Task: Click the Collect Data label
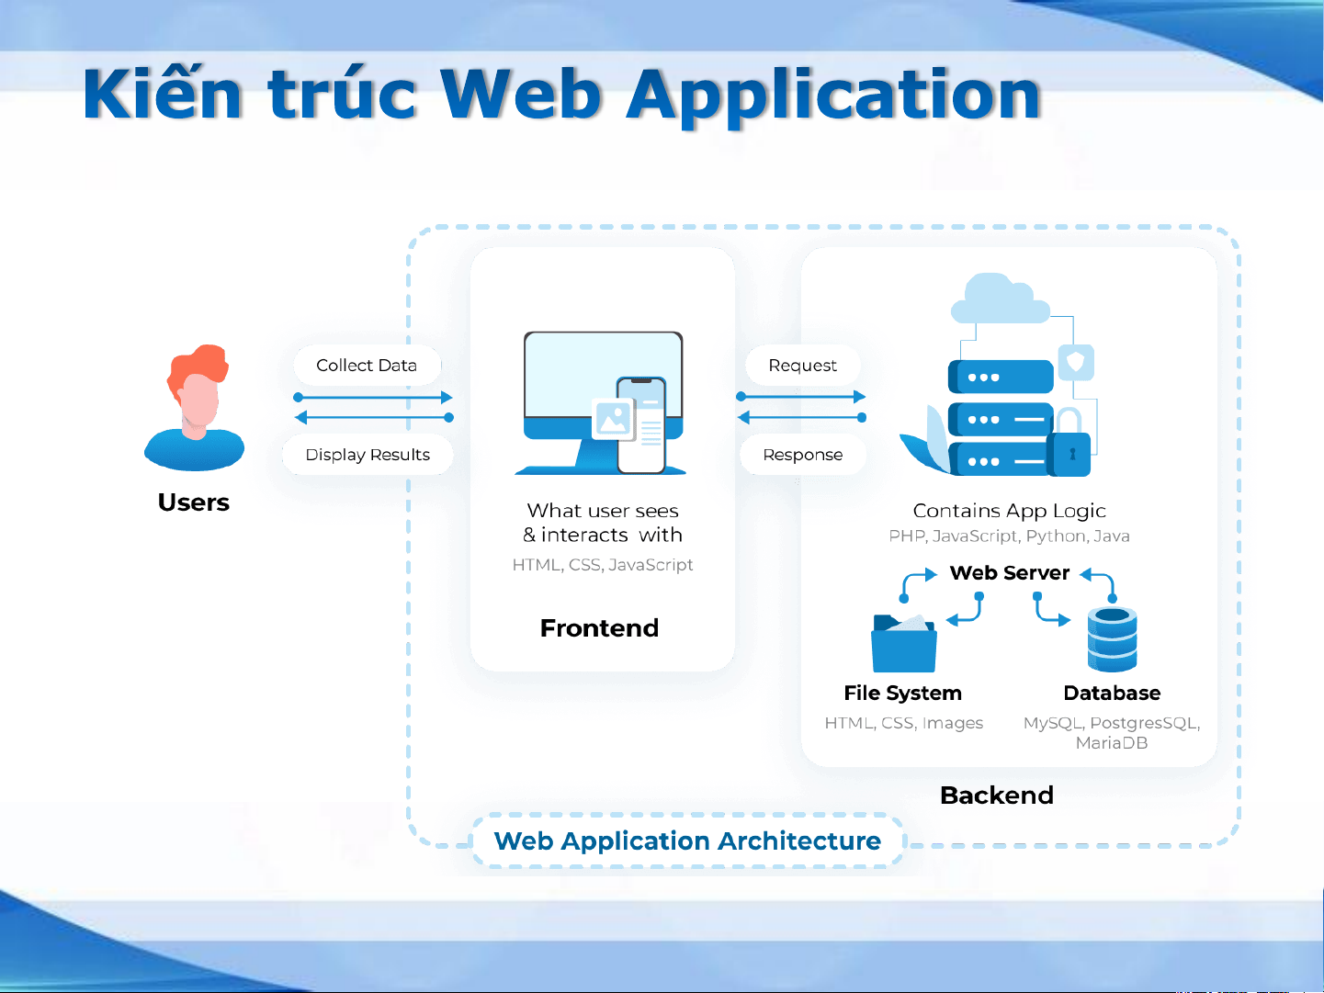coord(366,366)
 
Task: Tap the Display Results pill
coord(368,455)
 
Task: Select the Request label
coord(802,366)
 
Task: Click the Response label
coord(802,455)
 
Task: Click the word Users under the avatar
coord(194,502)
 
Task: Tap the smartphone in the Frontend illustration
coord(641,425)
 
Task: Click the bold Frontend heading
coord(599,628)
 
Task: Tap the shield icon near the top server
coord(1076,362)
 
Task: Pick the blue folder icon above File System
coord(903,643)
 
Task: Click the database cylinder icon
coord(1112,639)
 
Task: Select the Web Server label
coord(1009,573)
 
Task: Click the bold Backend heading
coord(997,796)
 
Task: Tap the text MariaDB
coord(1112,743)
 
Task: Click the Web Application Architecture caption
coord(687,841)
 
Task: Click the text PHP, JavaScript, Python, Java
coord(1009,536)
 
